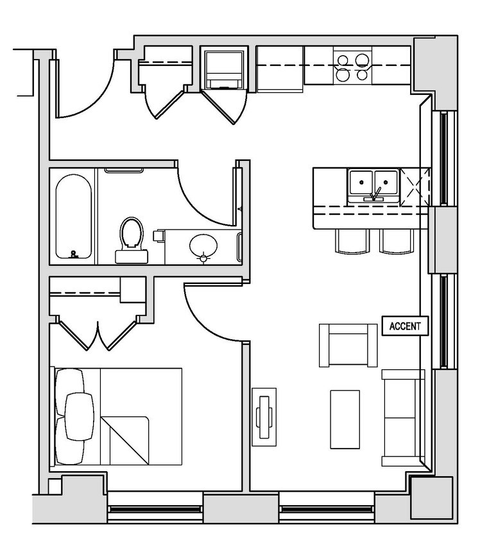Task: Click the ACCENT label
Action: [405, 326]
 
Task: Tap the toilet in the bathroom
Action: [132, 238]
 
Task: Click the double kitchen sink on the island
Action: [373, 186]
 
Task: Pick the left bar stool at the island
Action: [352, 241]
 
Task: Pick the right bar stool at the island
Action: [396, 241]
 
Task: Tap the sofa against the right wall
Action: [403, 417]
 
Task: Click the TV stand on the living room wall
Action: [264, 416]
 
